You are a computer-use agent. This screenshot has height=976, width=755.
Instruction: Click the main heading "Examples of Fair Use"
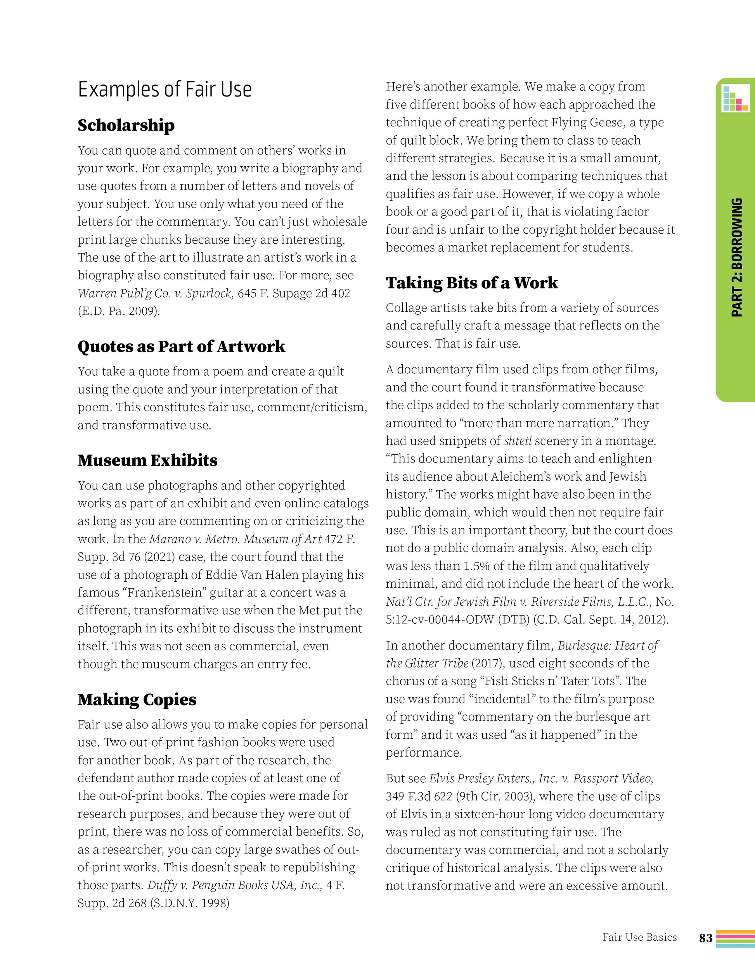pyautogui.click(x=165, y=90)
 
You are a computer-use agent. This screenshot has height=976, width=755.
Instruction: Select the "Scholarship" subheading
pyautogui.click(x=126, y=126)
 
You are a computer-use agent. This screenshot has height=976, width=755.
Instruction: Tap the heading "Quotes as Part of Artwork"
pyautogui.click(x=181, y=347)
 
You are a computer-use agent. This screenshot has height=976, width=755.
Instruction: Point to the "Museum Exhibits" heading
pyautogui.click(x=147, y=460)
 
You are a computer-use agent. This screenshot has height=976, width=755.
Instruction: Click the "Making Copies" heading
pyautogui.click(x=137, y=699)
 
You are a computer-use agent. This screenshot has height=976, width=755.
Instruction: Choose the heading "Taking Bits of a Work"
pyautogui.click(x=472, y=283)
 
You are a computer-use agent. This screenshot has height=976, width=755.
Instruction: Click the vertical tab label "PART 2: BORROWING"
pyautogui.click(x=737, y=258)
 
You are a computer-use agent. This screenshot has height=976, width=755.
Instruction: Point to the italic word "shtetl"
pyautogui.click(x=518, y=441)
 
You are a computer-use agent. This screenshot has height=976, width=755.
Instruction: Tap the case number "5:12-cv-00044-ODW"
pyautogui.click(x=440, y=620)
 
